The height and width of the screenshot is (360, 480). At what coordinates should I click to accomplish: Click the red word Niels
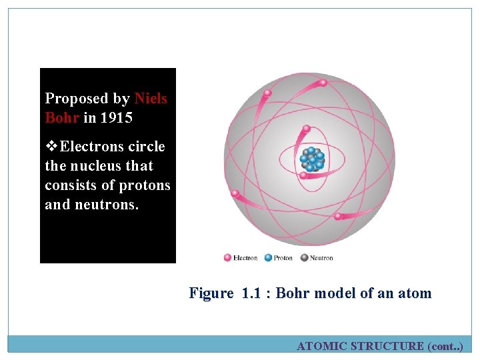pyautogui.click(x=151, y=99)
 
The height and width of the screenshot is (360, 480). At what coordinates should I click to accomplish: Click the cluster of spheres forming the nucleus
pyautogui.click(x=311, y=159)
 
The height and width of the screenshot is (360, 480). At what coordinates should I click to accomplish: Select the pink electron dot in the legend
pyautogui.click(x=227, y=257)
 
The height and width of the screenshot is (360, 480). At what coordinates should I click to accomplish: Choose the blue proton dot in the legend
pyautogui.click(x=268, y=257)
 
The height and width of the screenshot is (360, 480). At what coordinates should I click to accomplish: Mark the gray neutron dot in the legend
pyautogui.click(x=305, y=257)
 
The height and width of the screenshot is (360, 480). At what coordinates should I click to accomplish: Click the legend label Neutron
pyautogui.click(x=321, y=258)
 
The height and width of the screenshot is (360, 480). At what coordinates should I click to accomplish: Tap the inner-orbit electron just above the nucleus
pyautogui.click(x=306, y=129)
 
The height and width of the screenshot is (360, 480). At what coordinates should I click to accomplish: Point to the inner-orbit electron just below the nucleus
pyautogui.click(x=303, y=176)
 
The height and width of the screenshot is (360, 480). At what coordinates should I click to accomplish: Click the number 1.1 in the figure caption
pyautogui.click(x=253, y=293)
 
